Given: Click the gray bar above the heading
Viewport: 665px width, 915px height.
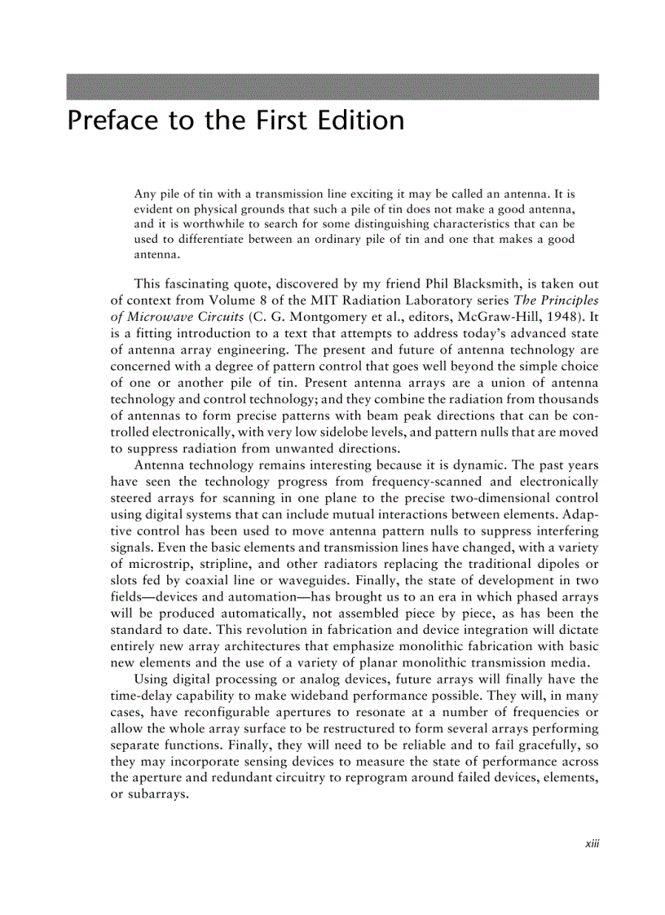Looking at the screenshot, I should (x=332, y=87).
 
